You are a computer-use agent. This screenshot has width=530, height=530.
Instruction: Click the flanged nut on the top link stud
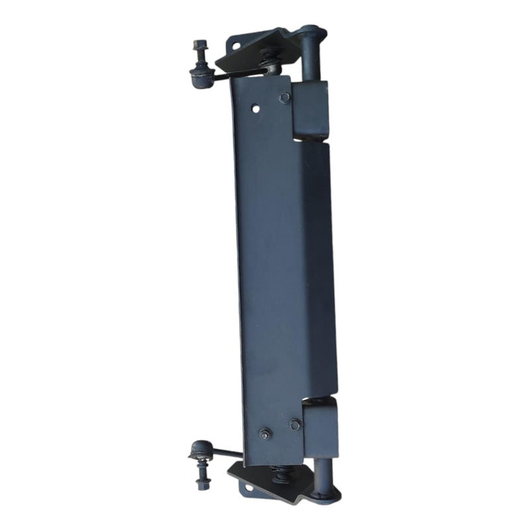(x=198, y=47)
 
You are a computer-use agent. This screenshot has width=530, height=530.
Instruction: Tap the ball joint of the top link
(x=201, y=76)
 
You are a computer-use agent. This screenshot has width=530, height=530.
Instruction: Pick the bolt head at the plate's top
(x=284, y=97)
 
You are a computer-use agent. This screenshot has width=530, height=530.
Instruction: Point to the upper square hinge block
(x=310, y=109)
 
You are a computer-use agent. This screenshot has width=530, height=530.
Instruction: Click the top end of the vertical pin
(x=311, y=32)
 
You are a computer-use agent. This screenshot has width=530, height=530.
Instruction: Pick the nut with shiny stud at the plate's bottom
(x=265, y=435)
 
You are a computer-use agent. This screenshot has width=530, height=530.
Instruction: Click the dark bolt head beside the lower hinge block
(x=295, y=424)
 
